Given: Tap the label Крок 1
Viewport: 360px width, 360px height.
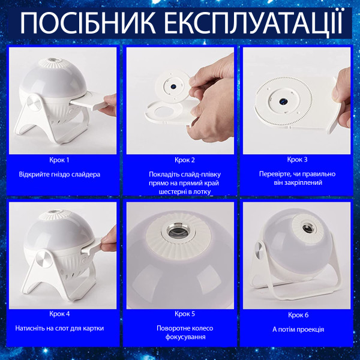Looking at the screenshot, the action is (x=59, y=160).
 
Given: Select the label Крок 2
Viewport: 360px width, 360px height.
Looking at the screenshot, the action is (x=185, y=160).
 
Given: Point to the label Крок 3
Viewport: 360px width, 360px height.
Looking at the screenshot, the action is (x=297, y=160).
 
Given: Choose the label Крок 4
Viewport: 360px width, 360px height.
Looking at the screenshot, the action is (x=59, y=314).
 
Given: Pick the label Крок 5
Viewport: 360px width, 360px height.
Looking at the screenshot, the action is (x=185, y=314).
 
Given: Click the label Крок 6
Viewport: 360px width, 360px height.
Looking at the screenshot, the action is (x=298, y=315).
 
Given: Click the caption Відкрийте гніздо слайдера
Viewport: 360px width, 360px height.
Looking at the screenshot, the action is (x=59, y=174).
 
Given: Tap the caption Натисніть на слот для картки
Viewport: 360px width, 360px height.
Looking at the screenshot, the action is (x=59, y=328).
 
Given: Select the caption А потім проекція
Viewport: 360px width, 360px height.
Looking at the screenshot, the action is (x=298, y=329).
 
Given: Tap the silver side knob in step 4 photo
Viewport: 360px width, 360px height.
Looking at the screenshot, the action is (x=44, y=259).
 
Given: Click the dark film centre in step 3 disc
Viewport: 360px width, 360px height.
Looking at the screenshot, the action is (x=283, y=101).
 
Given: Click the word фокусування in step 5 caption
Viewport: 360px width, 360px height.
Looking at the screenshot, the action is (x=185, y=337).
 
